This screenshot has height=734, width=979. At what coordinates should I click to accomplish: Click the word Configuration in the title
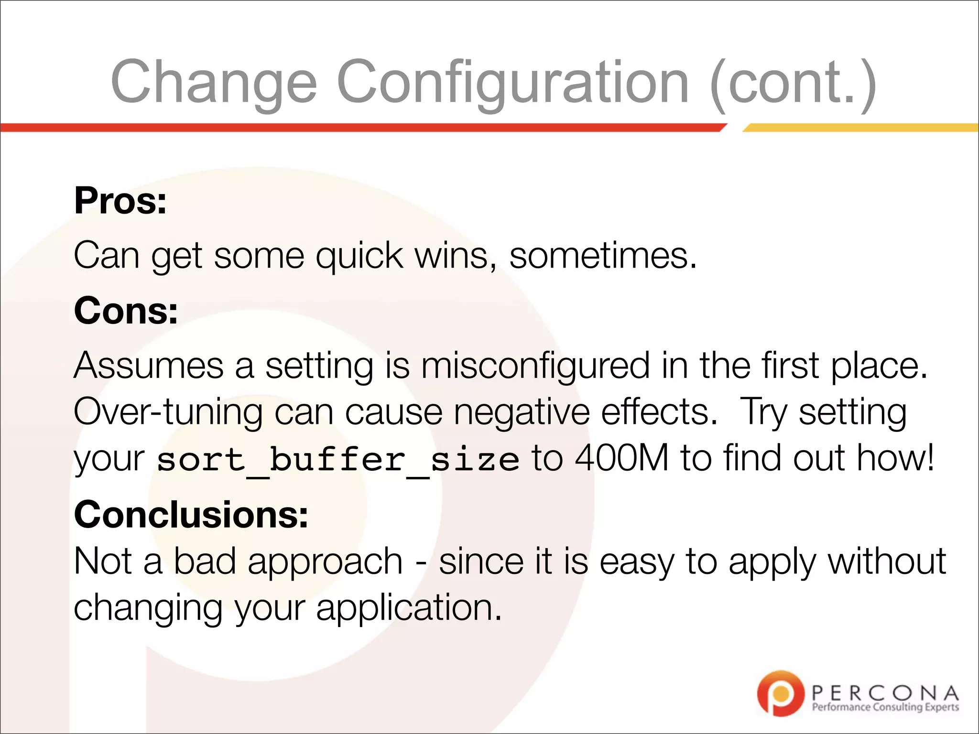pyautogui.click(x=512, y=82)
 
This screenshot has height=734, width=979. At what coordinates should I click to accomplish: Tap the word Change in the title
pyautogui.click(x=214, y=82)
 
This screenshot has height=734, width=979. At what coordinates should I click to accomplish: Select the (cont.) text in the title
pyautogui.click(x=794, y=82)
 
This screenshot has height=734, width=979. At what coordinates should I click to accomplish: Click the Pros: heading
pyautogui.click(x=120, y=201)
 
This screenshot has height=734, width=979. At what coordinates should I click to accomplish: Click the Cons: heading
pyautogui.click(x=126, y=311)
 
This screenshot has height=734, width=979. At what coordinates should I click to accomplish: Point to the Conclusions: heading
pyautogui.click(x=191, y=515)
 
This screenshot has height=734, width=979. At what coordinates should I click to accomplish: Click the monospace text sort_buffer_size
pyautogui.click(x=337, y=460)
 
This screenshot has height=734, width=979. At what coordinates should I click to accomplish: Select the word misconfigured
pyautogui.click(x=535, y=366)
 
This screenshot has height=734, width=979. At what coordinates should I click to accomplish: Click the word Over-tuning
pyautogui.click(x=168, y=412)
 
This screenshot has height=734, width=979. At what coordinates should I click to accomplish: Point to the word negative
pyautogui.click(x=522, y=412)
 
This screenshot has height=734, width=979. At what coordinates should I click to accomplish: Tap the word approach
pyautogui.click(x=325, y=562)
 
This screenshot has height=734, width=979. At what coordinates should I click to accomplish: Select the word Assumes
pyautogui.click(x=149, y=366)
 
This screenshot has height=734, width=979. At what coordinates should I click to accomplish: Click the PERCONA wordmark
pyautogui.click(x=885, y=692)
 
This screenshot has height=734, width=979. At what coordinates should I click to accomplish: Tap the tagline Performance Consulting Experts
pyautogui.click(x=885, y=707)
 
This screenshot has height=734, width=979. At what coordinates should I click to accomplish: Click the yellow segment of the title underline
pyautogui.click(x=860, y=128)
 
